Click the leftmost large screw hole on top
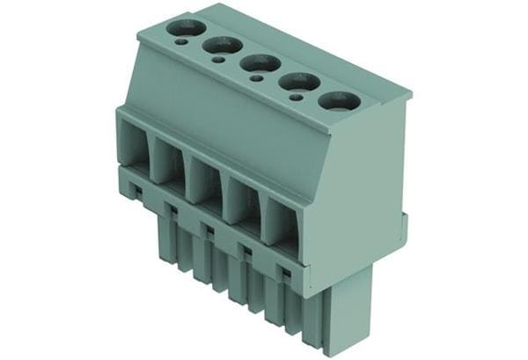pyautogui.click(x=186, y=27)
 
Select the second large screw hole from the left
pyautogui.click(x=223, y=45)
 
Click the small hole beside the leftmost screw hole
pyautogui.click(x=180, y=41)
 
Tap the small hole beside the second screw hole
pyautogui.click(x=217, y=60)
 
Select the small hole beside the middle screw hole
pyautogui.click(x=255, y=78)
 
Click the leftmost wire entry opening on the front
pyautogui.click(x=134, y=144)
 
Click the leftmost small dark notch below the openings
pyautogui.click(x=135, y=188)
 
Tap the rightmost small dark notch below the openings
pyautogui.click(x=284, y=274)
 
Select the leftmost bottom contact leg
pyautogui.click(x=165, y=238)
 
